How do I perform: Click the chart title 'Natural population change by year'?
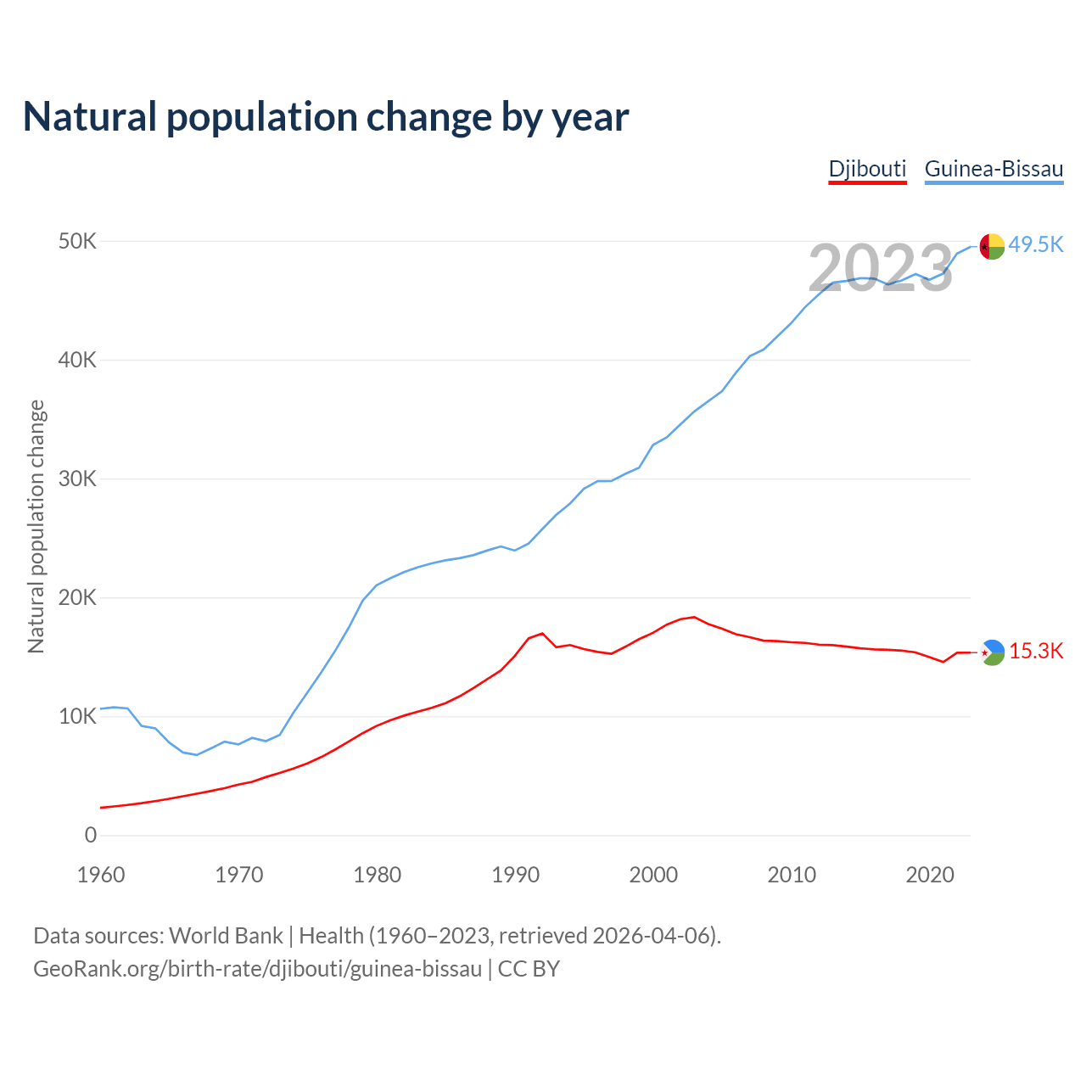click(x=326, y=117)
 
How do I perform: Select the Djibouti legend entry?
click(x=867, y=169)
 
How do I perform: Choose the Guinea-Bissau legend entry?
click(x=994, y=169)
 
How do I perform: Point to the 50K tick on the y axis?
click(x=78, y=242)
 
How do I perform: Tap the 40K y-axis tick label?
click(x=78, y=361)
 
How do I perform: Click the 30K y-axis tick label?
click(x=78, y=479)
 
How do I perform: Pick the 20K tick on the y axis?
click(x=78, y=598)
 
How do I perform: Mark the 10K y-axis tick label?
click(x=78, y=717)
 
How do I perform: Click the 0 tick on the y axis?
click(x=91, y=836)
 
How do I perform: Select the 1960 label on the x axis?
click(x=101, y=875)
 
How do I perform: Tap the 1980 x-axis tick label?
click(x=378, y=875)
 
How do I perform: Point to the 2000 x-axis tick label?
click(x=653, y=875)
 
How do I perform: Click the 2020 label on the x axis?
click(x=930, y=875)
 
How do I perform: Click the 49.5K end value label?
click(x=1036, y=245)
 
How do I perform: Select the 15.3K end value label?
click(x=1036, y=652)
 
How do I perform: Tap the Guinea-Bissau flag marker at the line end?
click(x=992, y=246)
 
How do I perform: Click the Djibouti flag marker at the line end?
click(x=992, y=652)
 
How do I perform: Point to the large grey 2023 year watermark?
click(x=881, y=269)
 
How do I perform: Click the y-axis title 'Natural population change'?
click(x=36, y=527)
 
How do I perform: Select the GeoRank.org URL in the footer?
click(x=257, y=969)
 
